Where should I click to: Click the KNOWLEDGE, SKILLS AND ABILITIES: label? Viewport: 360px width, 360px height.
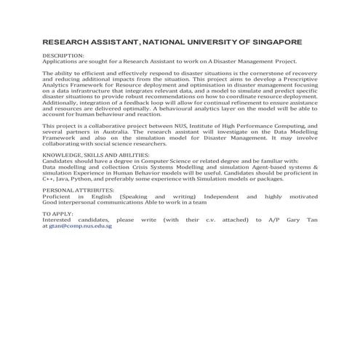tap(95, 156)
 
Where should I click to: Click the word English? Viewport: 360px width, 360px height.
tap(95, 197)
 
